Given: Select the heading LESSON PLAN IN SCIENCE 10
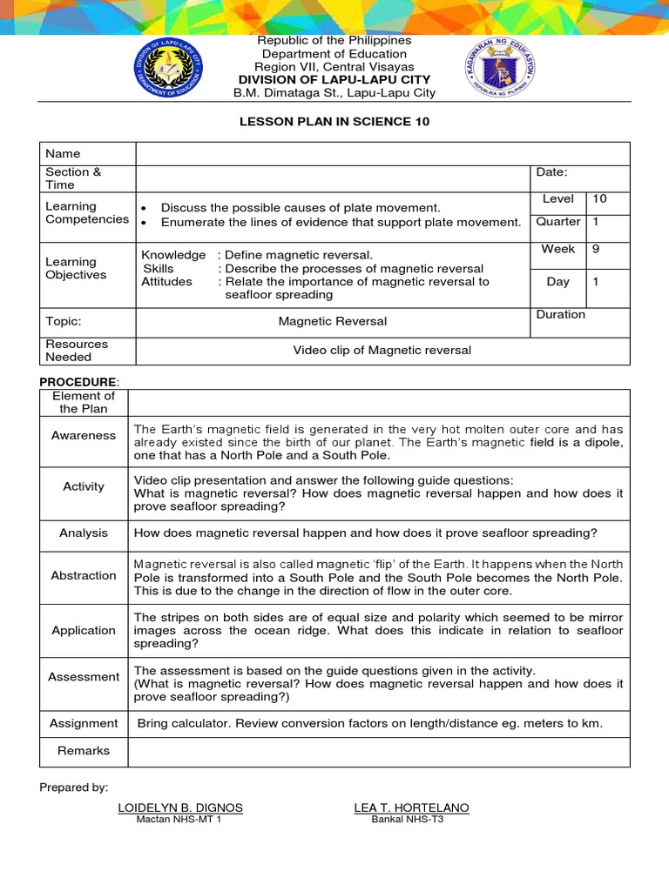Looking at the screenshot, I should click(334, 122).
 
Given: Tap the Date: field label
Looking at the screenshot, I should click(551, 172).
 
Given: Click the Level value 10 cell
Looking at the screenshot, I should click(599, 199).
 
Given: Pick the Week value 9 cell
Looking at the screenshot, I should click(599, 249).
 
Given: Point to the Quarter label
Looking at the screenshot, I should click(557, 222).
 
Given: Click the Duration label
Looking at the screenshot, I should click(561, 314).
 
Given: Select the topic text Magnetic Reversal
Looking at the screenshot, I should click(333, 321).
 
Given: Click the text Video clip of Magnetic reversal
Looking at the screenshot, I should click(382, 351).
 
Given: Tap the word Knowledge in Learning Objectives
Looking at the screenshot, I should click(173, 255).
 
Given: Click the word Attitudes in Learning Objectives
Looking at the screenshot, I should click(167, 282).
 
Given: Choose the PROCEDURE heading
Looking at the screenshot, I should click(78, 382).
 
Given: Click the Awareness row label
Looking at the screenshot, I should click(84, 435).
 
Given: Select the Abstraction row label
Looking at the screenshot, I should click(84, 575).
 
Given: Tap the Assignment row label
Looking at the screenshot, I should click(84, 723).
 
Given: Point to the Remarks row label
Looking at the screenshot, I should click(84, 750).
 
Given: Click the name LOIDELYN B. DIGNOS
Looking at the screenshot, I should click(180, 807).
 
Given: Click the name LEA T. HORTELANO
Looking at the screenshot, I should click(411, 807).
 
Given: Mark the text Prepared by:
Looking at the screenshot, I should click(74, 787).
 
